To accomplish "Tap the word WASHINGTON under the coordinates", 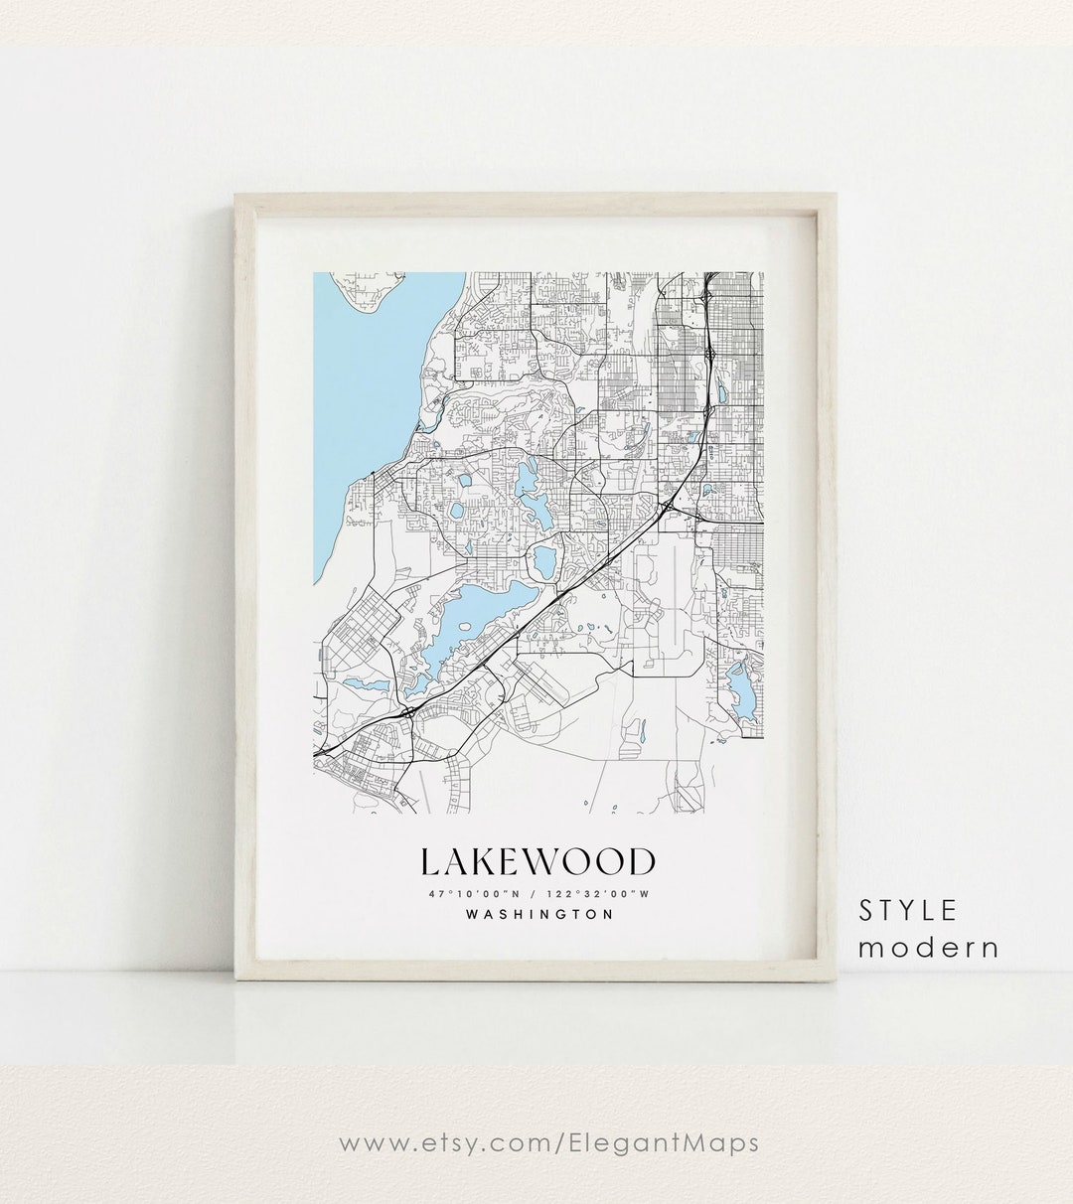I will (538, 915).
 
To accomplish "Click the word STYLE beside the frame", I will (908, 910).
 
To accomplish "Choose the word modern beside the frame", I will (928, 947).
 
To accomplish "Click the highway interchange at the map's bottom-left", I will (407, 712).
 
